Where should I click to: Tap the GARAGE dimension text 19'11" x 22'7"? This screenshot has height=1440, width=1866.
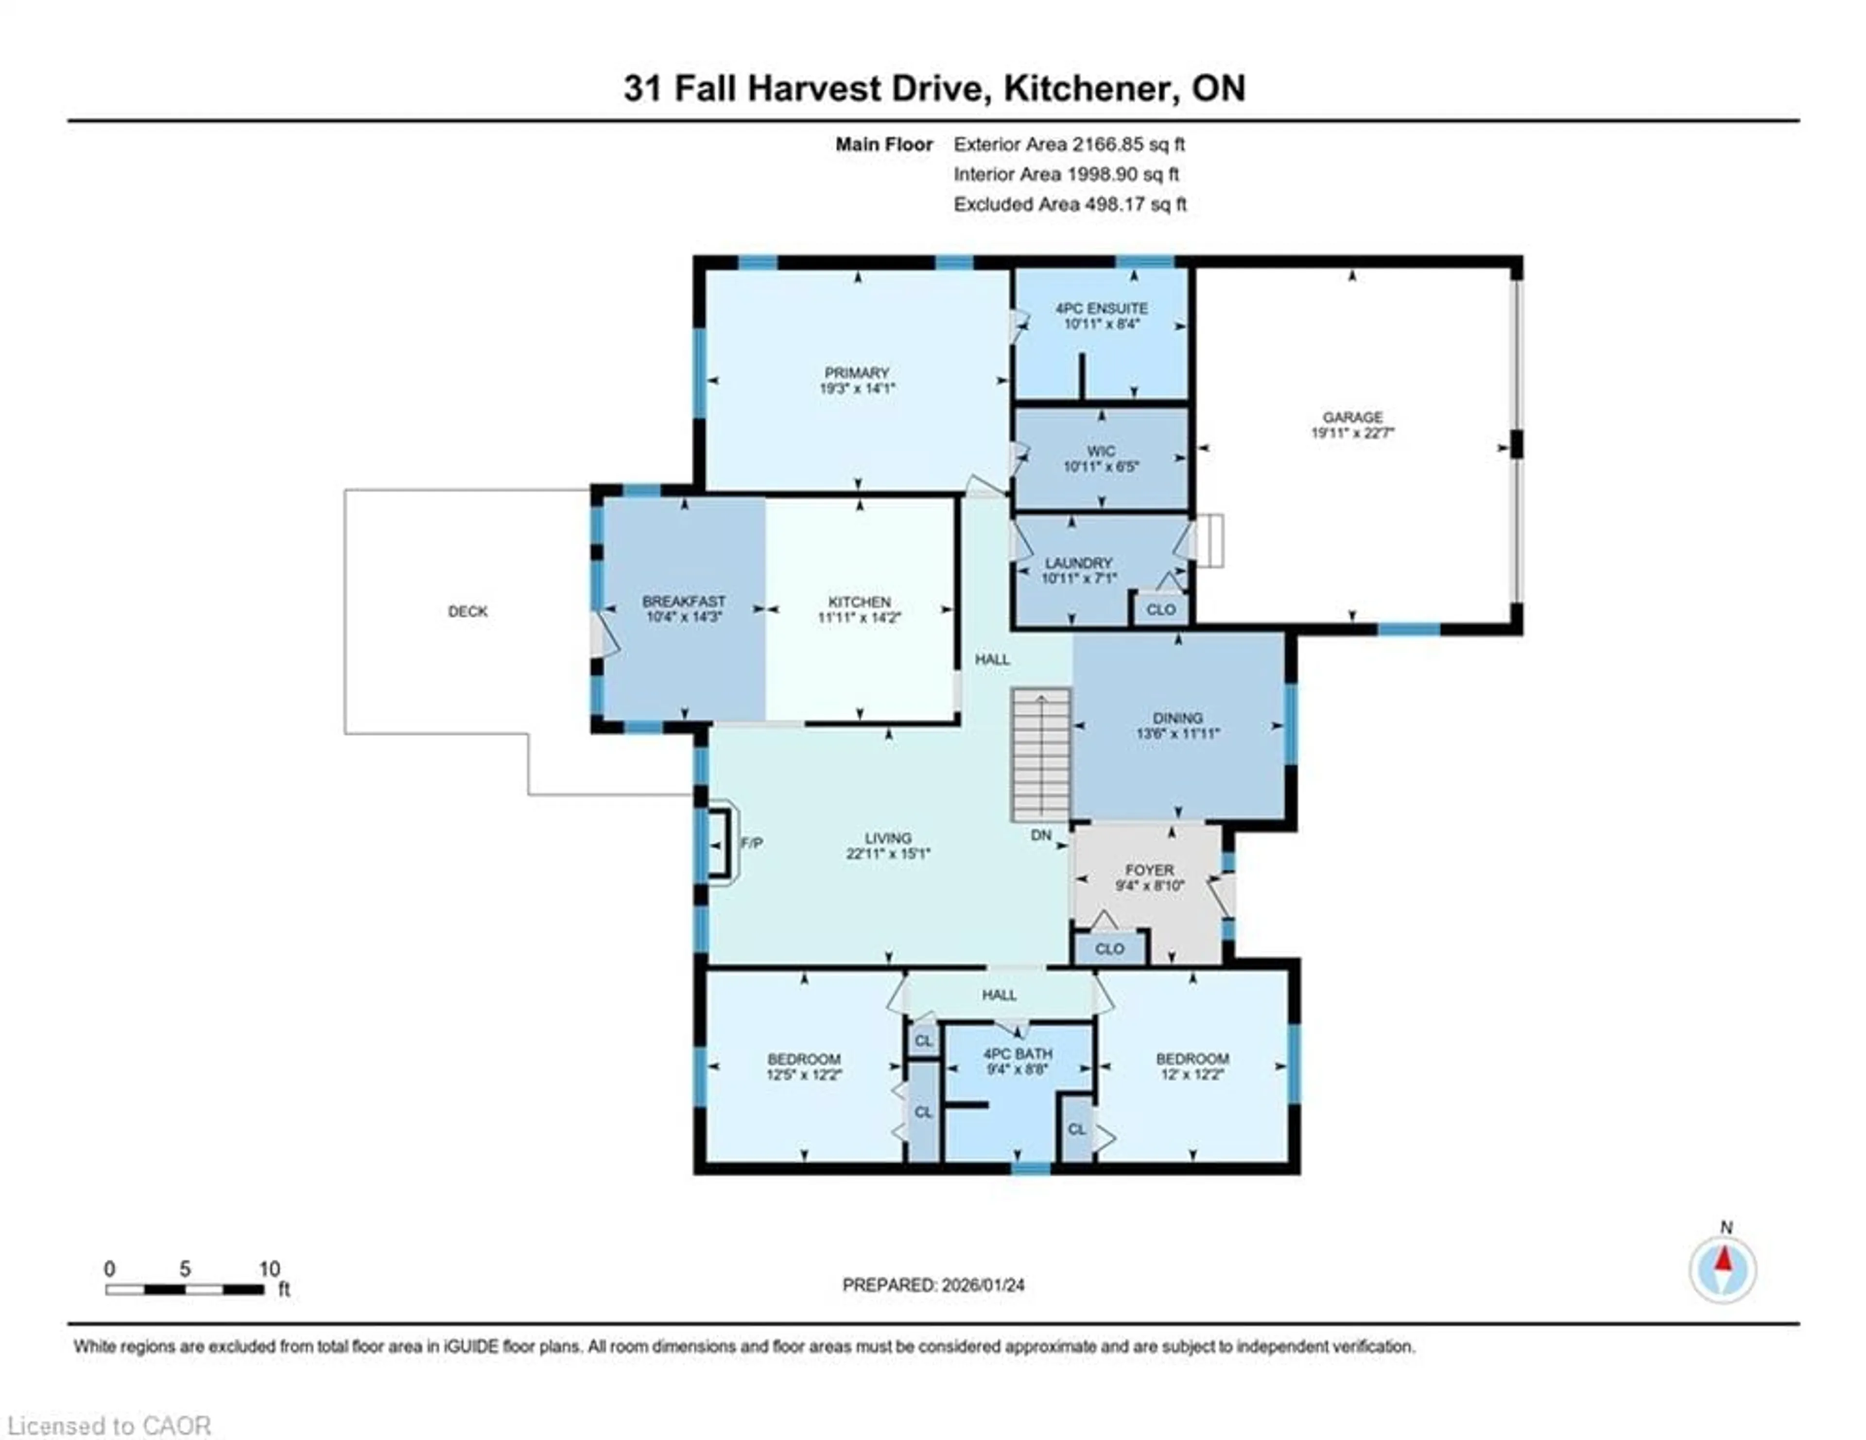tap(1352, 433)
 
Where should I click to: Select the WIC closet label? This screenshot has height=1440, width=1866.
tap(1101, 451)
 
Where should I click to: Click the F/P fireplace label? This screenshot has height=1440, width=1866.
tap(751, 843)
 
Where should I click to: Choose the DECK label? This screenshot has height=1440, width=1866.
tap(467, 612)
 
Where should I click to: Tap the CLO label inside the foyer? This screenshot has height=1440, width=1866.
tap(1109, 949)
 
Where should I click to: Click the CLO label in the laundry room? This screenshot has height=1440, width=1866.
tap(1160, 610)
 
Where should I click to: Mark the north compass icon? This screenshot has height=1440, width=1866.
tap(1723, 1269)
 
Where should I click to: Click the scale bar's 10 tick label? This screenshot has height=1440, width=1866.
tap(269, 1269)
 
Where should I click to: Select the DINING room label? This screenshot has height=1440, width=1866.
tap(1177, 718)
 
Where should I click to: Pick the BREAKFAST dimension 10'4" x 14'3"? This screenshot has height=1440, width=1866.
tap(684, 617)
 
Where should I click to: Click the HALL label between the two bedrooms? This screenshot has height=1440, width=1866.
tap(999, 995)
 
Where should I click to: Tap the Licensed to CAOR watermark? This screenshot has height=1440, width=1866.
tap(108, 1425)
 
